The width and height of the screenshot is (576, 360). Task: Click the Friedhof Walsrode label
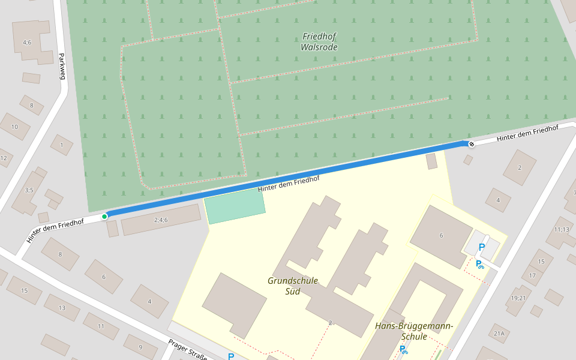[x=319, y=41]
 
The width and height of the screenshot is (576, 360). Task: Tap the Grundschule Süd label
[x=292, y=286]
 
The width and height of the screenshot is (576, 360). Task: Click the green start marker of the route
[x=104, y=216]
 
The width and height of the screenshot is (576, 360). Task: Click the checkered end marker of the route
[x=472, y=143]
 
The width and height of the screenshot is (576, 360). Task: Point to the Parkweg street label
[x=61, y=66]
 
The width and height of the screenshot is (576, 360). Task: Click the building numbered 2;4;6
[x=161, y=220]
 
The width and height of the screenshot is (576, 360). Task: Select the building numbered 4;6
[x=27, y=42]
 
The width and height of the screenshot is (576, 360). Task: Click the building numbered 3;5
[x=28, y=191]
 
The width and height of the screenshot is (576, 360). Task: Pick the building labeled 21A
[x=499, y=334]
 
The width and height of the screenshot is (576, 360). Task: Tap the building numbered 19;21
[x=518, y=298]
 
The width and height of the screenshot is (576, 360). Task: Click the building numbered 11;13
[x=562, y=230]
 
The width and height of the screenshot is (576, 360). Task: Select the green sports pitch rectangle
[x=235, y=206]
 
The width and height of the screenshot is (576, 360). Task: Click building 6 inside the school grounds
[x=441, y=235]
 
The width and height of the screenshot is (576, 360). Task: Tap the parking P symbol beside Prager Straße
[x=231, y=356]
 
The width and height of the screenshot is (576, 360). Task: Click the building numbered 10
[x=14, y=127]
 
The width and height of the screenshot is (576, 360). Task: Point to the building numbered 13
[x=62, y=308]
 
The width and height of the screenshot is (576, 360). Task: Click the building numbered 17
[x=532, y=275]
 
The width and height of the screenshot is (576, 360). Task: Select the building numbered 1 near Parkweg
[x=61, y=145]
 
